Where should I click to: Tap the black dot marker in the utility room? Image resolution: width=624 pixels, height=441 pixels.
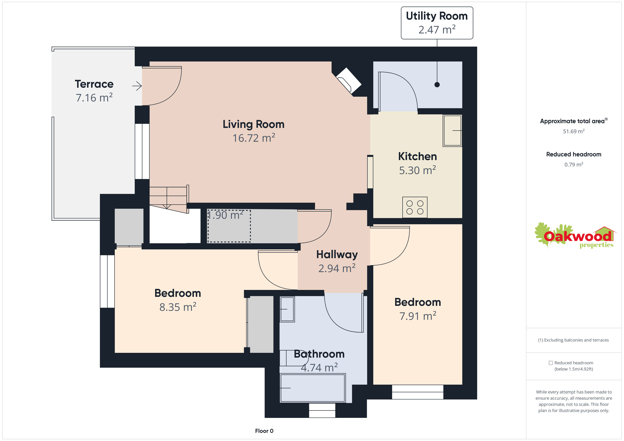tap(437, 84)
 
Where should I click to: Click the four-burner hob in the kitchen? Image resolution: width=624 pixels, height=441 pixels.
tap(415, 207)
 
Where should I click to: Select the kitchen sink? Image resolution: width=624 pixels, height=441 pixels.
tap(452, 131)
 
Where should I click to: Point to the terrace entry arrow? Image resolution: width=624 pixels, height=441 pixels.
tap(137, 86)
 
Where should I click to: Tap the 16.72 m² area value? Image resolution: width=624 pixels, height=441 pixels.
tap(254, 138)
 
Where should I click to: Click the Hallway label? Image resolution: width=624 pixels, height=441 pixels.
tap(337, 254)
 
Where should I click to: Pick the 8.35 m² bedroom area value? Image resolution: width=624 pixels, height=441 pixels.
tap(178, 307)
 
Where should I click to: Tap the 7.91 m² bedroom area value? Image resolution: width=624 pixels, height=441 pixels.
tap(418, 316)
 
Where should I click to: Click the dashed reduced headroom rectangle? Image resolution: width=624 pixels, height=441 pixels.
tap(229, 226)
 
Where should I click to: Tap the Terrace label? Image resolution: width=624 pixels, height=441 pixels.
tap(94, 84)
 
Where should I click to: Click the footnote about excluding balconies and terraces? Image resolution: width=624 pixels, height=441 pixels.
tap(573, 340)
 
